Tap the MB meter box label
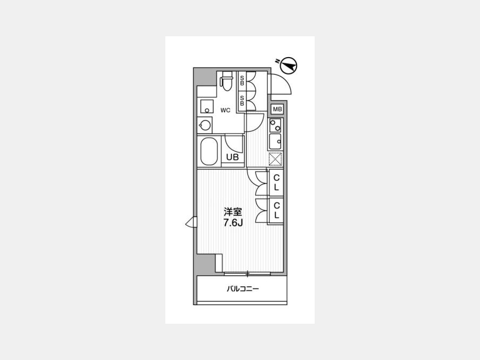(277, 109)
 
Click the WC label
(225, 110)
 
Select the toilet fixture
(227, 81)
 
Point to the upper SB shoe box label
(242, 80)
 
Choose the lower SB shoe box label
(242, 101)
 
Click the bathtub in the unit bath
(209, 151)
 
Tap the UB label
(232, 157)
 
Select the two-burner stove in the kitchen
(275, 125)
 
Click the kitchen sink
(275, 141)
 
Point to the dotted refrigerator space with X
(275, 159)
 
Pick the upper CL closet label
(276, 183)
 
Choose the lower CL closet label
(276, 210)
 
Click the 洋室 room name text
(233, 212)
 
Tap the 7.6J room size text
(233, 223)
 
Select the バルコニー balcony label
(243, 289)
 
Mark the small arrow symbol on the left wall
(191, 222)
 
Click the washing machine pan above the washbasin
(207, 107)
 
